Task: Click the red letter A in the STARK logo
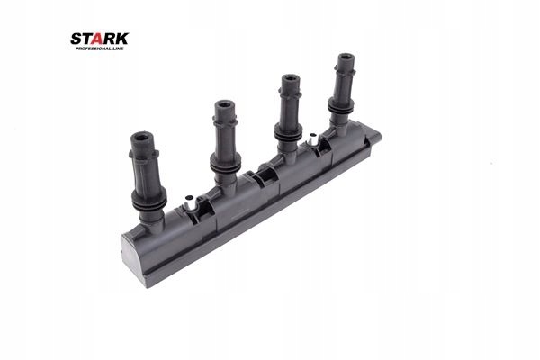(99, 39)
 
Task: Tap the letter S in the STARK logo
(76, 39)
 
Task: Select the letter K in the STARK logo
(122, 39)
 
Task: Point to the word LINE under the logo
(118, 49)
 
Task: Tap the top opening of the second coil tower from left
(225, 105)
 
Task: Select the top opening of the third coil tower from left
(290, 79)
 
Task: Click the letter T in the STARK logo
(86, 39)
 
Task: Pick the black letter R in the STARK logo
(111, 39)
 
